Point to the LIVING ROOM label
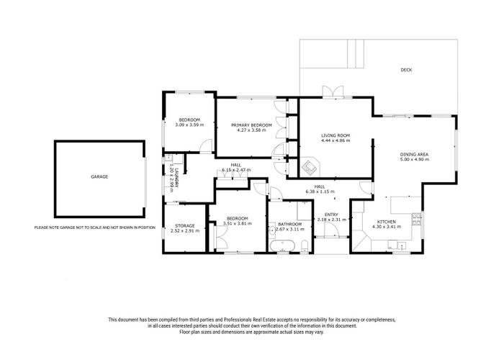(x=335, y=135)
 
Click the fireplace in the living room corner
(x=309, y=166)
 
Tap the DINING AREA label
(x=415, y=155)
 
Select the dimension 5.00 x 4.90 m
(x=415, y=160)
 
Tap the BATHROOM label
(x=291, y=224)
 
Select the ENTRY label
(x=331, y=214)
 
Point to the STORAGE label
(x=182, y=226)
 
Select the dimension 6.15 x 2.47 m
(x=236, y=170)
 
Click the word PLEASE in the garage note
(x=42, y=228)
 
